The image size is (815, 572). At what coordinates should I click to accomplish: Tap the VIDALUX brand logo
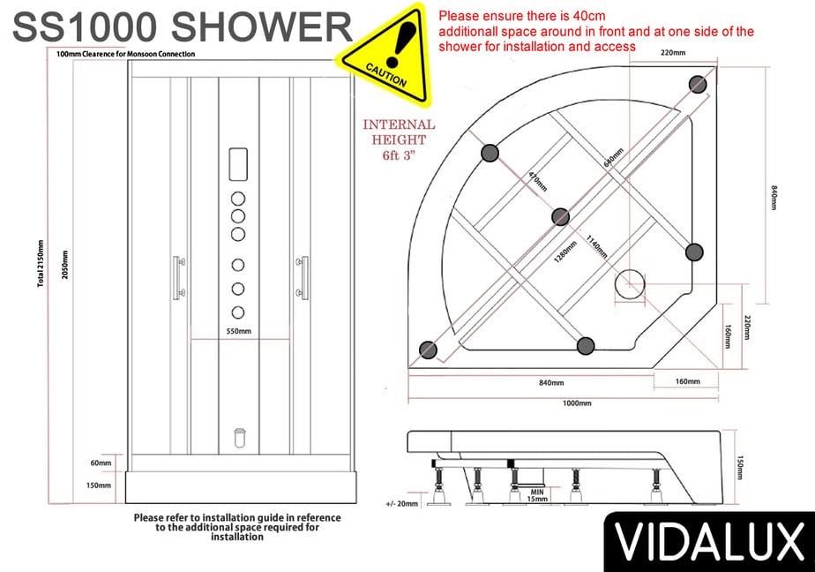[710, 542]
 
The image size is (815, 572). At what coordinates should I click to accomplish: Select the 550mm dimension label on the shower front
[238, 331]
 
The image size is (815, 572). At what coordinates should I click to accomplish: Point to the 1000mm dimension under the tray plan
[577, 403]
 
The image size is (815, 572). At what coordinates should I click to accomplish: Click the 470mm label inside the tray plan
[537, 182]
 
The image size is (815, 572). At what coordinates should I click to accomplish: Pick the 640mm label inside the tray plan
[613, 157]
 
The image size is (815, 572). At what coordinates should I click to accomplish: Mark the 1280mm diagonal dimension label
[565, 252]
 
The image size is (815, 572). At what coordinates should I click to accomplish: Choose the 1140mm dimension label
[596, 247]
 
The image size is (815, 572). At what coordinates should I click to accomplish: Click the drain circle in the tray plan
[630, 284]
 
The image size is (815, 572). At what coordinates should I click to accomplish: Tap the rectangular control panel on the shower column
[238, 164]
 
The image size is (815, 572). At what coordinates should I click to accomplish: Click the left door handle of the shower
[178, 278]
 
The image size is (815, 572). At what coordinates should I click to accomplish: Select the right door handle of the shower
[303, 278]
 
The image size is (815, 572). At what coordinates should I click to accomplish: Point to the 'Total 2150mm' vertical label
[41, 264]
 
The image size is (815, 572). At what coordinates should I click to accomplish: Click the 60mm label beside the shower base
[101, 463]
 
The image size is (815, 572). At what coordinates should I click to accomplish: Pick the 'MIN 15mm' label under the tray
[537, 495]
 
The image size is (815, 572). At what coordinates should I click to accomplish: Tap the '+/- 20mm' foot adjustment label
[402, 503]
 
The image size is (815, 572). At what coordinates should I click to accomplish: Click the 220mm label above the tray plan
[673, 52]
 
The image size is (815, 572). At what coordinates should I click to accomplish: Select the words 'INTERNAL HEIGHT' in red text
[399, 132]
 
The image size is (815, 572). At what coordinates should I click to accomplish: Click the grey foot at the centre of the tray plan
[560, 217]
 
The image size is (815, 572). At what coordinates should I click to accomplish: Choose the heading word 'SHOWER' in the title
[261, 27]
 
